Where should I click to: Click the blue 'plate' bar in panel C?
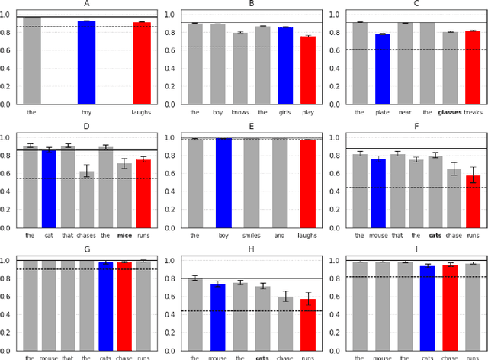(x=381, y=69)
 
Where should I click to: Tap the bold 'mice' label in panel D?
(x=124, y=236)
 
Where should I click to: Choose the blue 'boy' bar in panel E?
(x=223, y=183)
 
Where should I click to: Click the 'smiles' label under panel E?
(x=251, y=236)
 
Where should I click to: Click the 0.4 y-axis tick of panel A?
(x=8, y=68)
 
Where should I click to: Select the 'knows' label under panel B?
(x=239, y=111)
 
